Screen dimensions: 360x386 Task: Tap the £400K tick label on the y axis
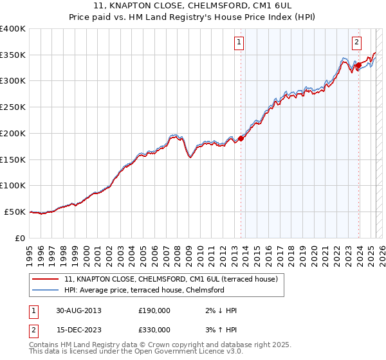click(13, 29)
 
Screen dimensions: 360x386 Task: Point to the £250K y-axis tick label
click(13, 107)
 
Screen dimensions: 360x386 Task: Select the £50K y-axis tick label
click(15, 212)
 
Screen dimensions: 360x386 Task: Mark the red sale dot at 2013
click(241, 138)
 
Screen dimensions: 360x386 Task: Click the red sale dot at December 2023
click(358, 65)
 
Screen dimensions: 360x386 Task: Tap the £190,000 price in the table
click(154, 310)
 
